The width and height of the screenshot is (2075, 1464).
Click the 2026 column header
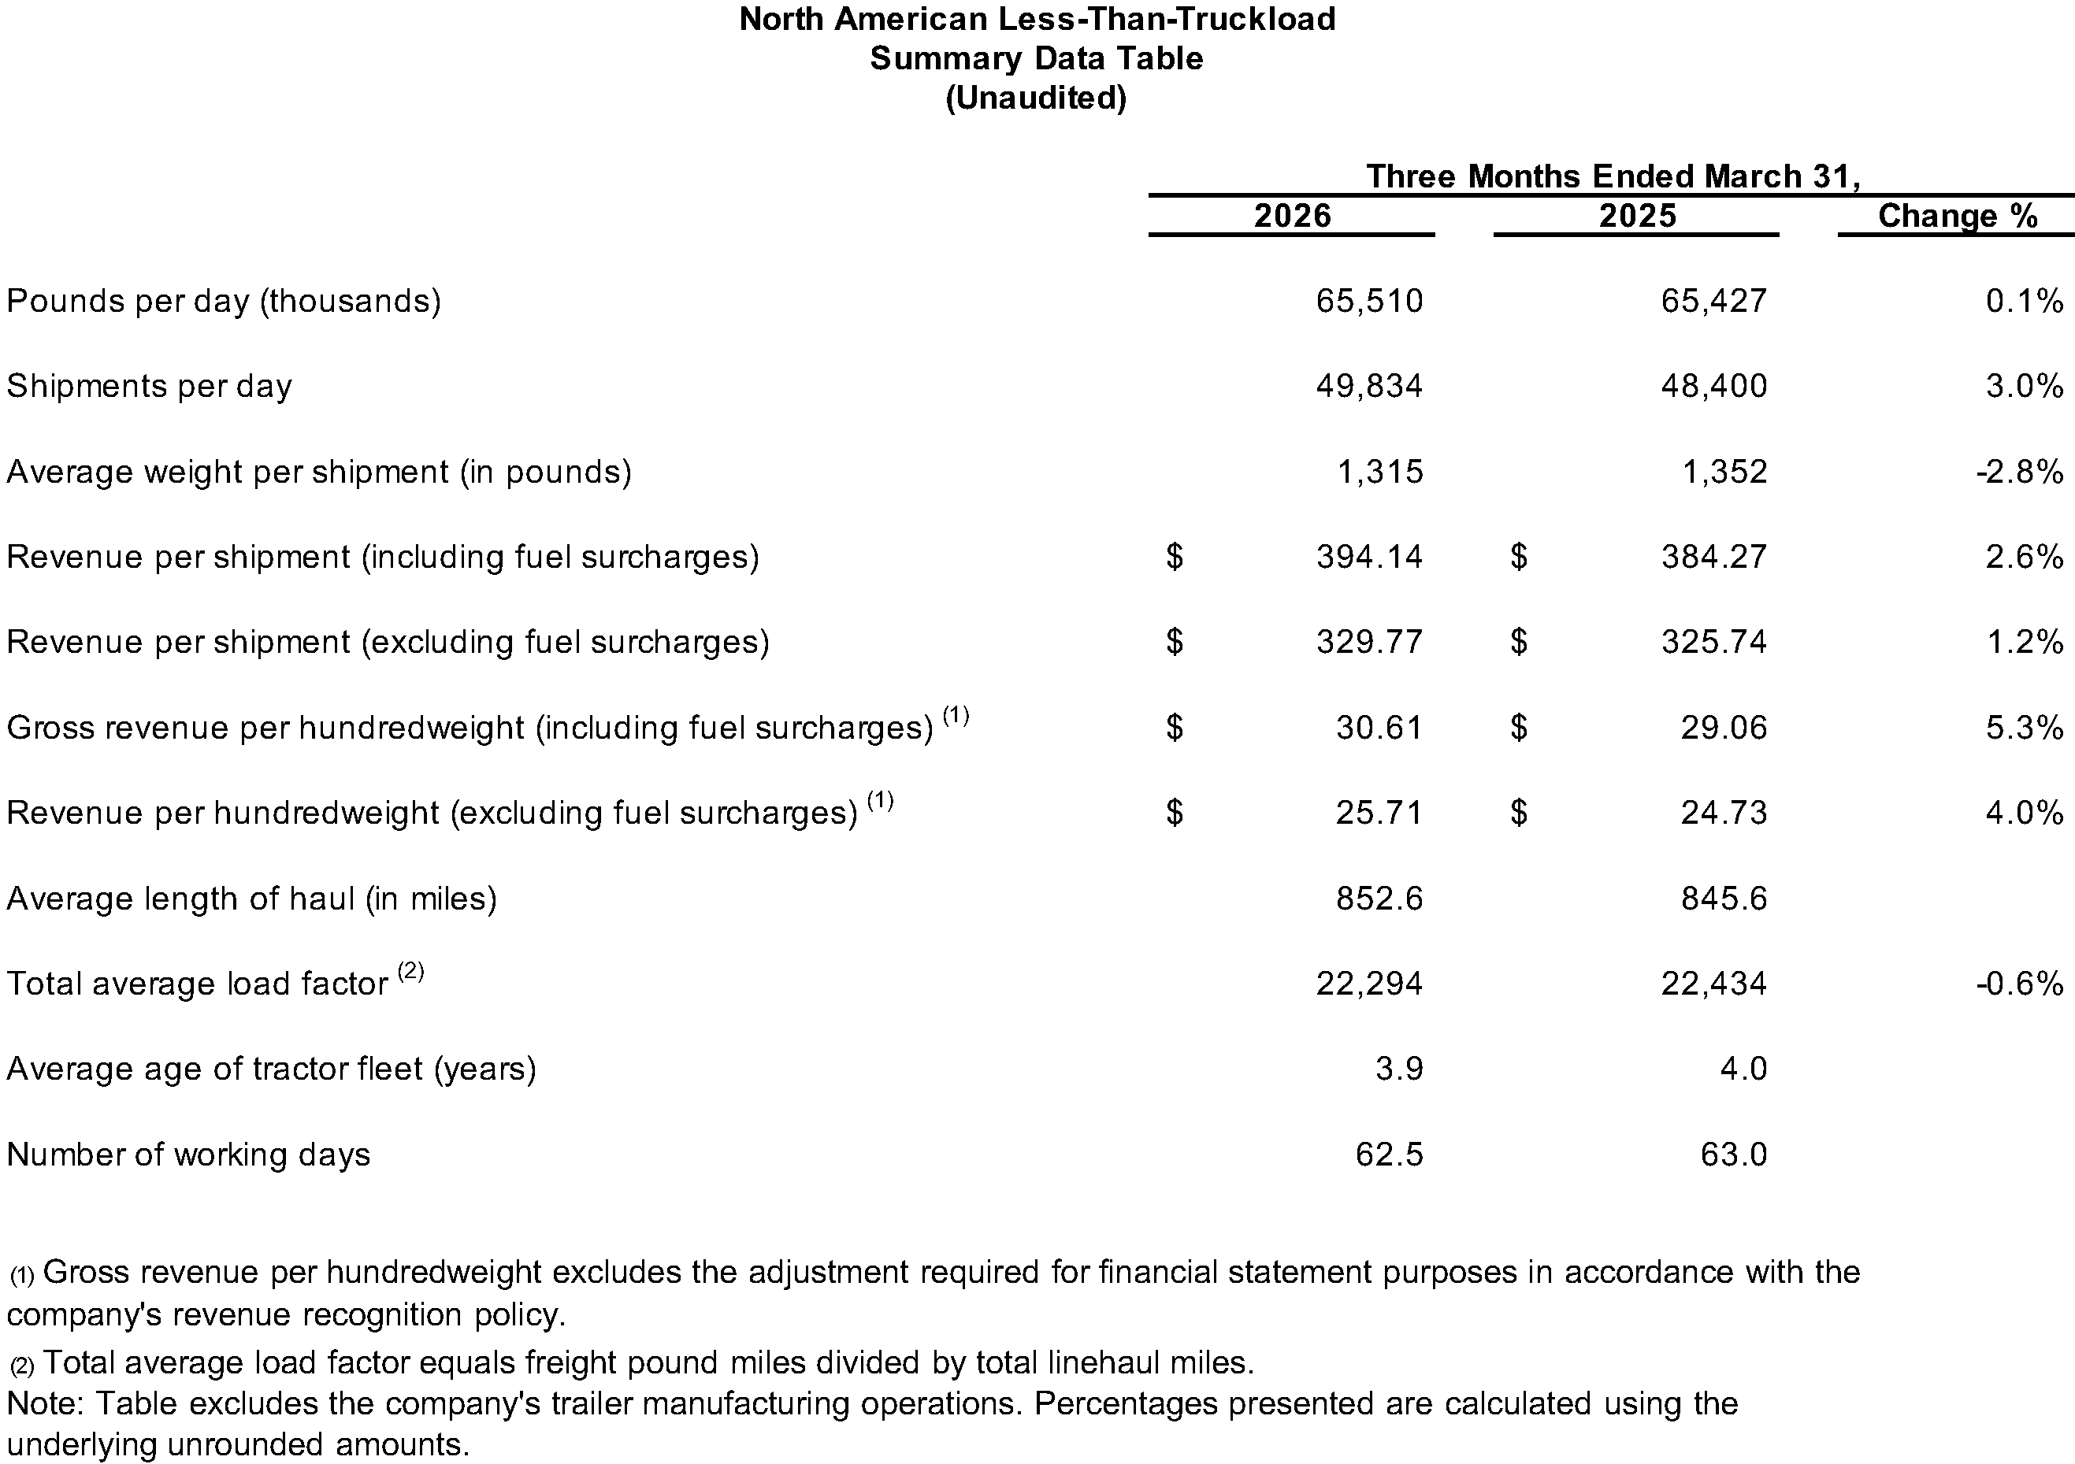(x=1293, y=216)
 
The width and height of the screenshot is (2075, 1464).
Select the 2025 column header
(x=1637, y=216)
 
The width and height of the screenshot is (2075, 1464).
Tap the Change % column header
(x=1957, y=216)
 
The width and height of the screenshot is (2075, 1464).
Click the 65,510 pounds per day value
(x=1369, y=301)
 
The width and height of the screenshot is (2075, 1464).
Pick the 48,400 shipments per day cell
(x=1713, y=386)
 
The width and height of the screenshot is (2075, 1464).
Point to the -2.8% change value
(x=2019, y=472)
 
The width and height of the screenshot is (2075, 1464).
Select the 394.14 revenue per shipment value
(x=1369, y=557)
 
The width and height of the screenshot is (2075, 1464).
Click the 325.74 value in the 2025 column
(x=1713, y=642)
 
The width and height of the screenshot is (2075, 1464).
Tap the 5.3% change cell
(x=2025, y=728)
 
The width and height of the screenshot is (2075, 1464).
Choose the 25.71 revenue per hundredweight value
(x=1379, y=813)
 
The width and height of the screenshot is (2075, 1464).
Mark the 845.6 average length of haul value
(x=1724, y=899)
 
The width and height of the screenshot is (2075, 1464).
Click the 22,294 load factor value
(x=1369, y=984)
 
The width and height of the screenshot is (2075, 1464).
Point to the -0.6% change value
(x=2019, y=984)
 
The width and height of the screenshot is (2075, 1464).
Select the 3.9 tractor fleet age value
(x=1399, y=1069)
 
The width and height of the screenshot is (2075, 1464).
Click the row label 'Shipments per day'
(x=149, y=386)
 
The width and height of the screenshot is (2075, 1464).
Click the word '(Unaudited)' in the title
(x=1036, y=98)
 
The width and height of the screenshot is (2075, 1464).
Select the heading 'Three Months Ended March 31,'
(x=1613, y=176)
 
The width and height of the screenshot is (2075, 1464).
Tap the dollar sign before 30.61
(x=1174, y=728)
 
